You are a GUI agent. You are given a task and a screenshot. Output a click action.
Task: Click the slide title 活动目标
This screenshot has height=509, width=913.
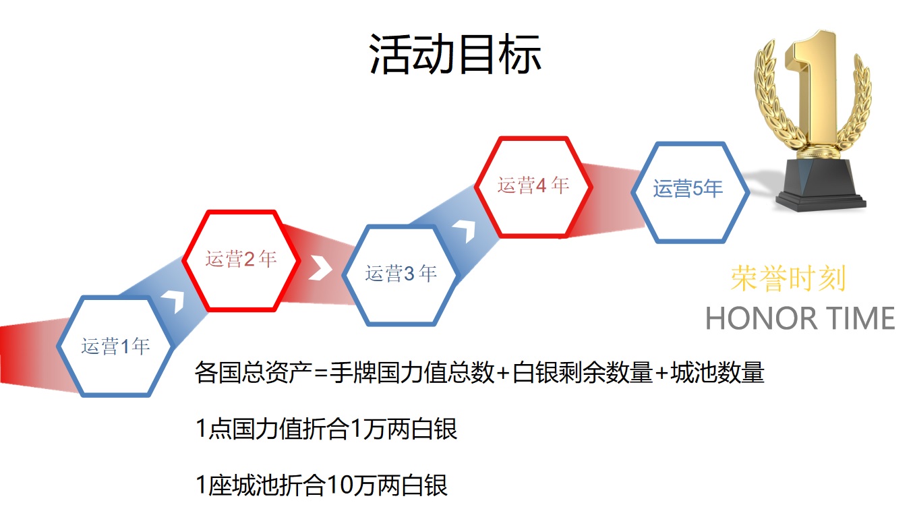[x=455, y=54]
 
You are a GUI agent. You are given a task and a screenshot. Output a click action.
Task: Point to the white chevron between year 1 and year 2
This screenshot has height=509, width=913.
[x=175, y=301]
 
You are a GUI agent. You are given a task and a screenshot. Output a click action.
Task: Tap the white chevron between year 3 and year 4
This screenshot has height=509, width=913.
[x=465, y=231]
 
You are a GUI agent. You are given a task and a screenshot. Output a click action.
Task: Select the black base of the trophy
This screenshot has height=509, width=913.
[x=820, y=185]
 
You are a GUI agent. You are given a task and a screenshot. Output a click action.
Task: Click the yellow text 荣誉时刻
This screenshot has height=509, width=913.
[x=788, y=278]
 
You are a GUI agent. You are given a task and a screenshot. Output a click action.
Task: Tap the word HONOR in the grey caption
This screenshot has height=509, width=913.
[x=761, y=318]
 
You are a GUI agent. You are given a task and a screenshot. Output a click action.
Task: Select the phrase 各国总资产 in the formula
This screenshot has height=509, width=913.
[x=253, y=372]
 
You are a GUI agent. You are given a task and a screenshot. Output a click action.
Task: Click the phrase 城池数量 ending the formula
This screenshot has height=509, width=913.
[x=717, y=372]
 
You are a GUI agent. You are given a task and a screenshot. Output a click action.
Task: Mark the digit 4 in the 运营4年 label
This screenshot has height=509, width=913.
[x=541, y=186]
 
